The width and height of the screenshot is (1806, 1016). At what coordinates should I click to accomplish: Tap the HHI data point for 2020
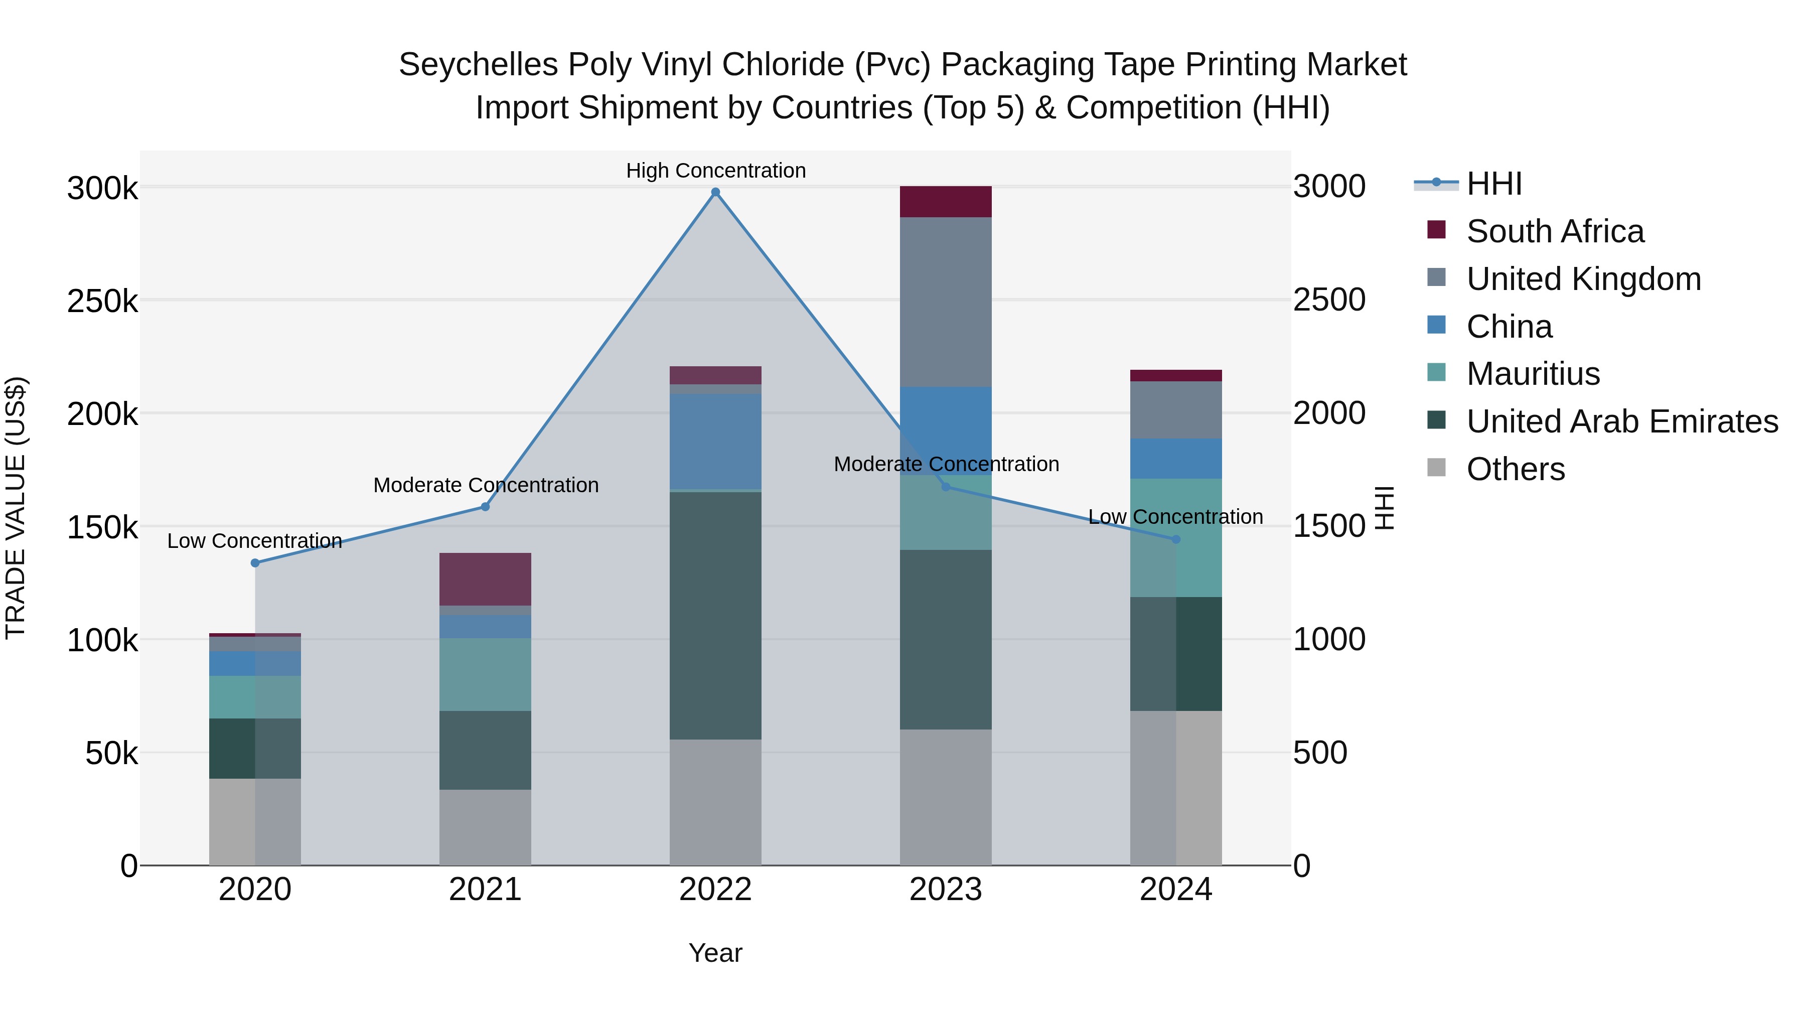(x=255, y=563)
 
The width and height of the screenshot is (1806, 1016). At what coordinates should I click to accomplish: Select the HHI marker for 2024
(x=1176, y=539)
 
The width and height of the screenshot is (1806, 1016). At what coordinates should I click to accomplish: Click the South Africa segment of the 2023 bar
(x=946, y=202)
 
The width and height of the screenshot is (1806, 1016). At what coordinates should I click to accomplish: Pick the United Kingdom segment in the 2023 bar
(x=946, y=302)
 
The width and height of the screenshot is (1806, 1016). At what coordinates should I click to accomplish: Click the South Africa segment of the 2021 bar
(x=485, y=579)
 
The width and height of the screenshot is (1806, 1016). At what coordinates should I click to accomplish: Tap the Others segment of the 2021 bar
(x=485, y=827)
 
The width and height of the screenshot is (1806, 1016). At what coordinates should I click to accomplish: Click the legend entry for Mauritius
(x=1533, y=374)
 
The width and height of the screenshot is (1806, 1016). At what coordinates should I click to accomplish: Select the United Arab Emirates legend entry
(x=1621, y=421)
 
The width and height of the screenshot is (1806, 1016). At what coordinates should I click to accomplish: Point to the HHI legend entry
(x=1493, y=184)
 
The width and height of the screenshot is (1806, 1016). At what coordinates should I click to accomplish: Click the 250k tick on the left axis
(x=102, y=302)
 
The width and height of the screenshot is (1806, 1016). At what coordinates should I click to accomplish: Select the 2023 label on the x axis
(x=946, y=890)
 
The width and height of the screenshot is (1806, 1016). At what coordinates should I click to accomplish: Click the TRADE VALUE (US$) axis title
(x=16, y=508)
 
